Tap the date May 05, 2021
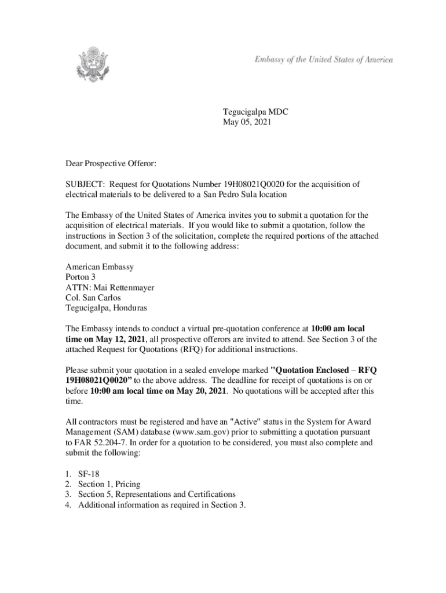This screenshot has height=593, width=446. (247, 122)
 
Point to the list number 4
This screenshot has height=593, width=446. (68, 505)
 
